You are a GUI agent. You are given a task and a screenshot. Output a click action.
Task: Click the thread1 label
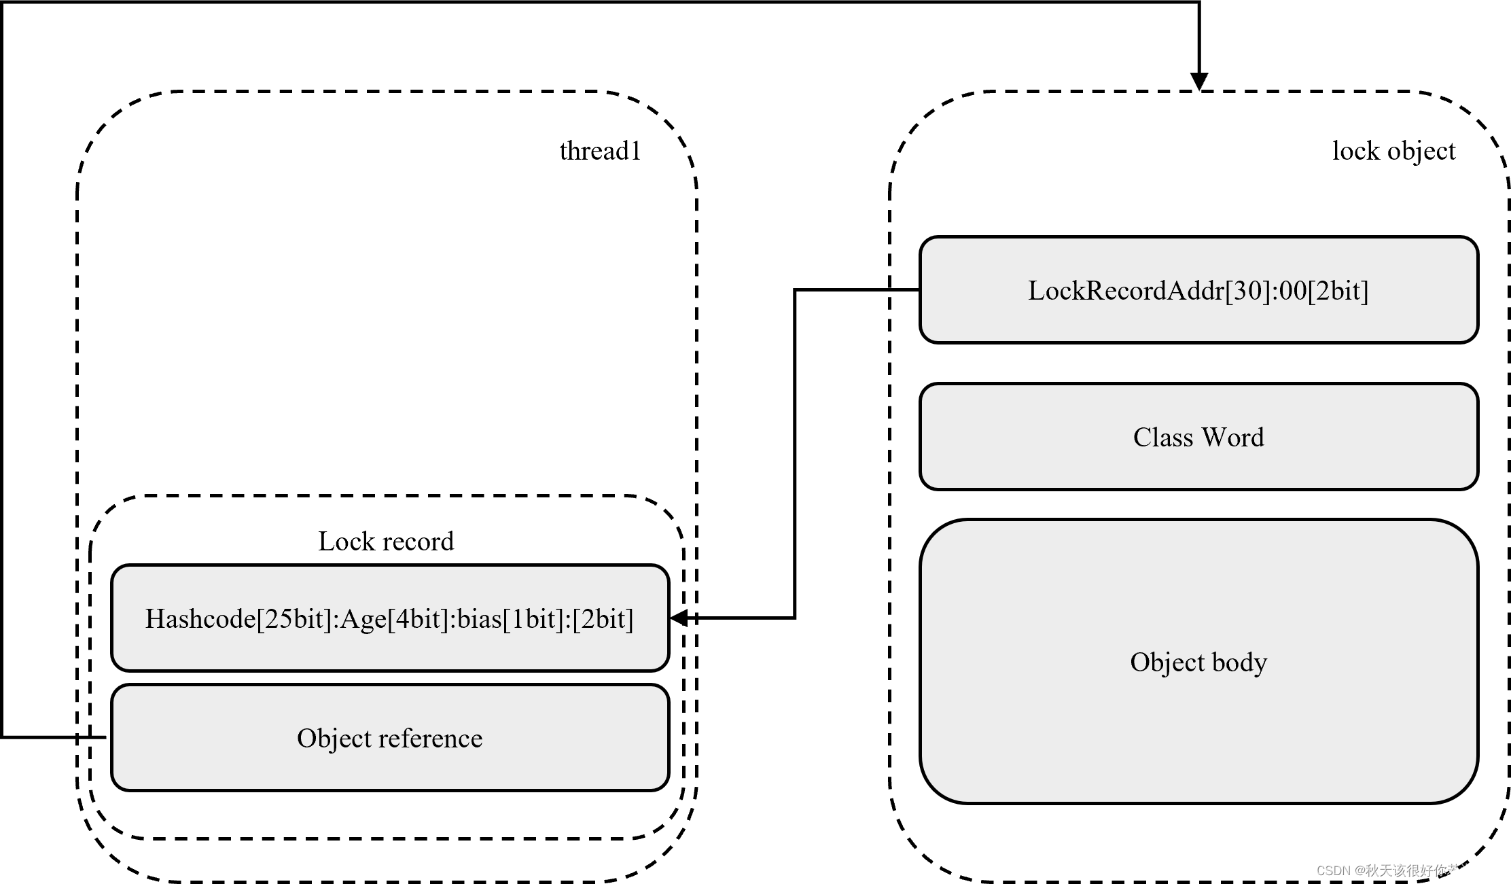[600, 151]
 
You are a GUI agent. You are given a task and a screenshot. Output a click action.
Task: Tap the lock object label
[1393, 151]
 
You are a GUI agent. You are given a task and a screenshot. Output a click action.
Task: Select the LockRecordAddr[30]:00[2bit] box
[1198, 290]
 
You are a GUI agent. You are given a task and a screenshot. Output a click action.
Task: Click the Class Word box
[1198, 437]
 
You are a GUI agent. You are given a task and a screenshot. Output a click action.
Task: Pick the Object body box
[1198, 662]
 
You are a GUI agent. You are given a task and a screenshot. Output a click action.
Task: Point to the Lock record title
[386, 542]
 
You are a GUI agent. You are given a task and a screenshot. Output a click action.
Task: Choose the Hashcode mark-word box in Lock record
[390, 618]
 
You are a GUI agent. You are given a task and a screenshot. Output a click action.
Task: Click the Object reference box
[390, 738]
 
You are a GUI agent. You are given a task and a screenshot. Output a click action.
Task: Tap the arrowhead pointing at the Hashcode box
[679, 618]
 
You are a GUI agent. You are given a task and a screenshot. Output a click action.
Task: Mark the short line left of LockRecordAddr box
[905, 290]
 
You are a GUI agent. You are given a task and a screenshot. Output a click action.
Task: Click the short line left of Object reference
[93, 737]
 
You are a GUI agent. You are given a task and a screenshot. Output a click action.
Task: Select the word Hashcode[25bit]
[238, 619]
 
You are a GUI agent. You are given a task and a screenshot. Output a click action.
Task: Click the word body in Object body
[1239, 662]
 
